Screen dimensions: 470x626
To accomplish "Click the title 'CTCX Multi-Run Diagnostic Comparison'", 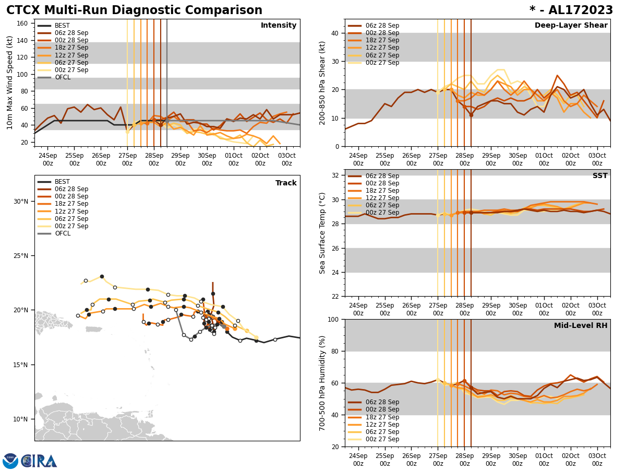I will click(x=134, y=10).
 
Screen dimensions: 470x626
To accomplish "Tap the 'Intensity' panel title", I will click(x=279, y=26).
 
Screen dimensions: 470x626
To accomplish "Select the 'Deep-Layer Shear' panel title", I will click(x=571, y=26).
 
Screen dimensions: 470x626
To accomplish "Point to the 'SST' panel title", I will click(x=600, y=176).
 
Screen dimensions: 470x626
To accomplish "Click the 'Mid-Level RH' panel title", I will click(x=581, y=326).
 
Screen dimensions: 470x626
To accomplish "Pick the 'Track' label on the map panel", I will click(x=286, y=183).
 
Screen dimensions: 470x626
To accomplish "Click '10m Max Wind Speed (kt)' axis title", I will click(x=10, y=83).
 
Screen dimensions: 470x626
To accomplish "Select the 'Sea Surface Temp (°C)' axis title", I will click(x=322, y=233).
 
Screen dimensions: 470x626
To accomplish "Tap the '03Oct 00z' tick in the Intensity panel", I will click(x=286, y=159).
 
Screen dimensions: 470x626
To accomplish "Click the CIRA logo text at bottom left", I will click(x=39, y=461).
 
